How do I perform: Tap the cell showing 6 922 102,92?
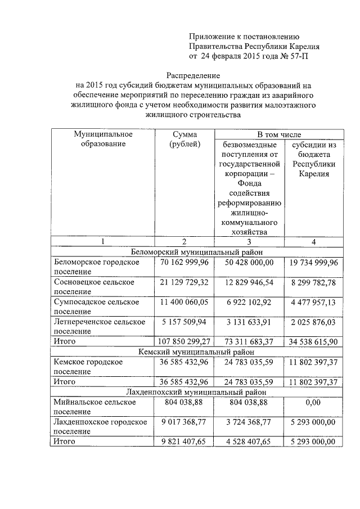(248, 301)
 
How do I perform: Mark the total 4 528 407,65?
(248, 442)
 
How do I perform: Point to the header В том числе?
(279, 134)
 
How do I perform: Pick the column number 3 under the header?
(248, 241)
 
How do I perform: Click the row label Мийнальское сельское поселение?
(94, 407)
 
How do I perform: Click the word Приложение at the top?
(213, 36)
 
